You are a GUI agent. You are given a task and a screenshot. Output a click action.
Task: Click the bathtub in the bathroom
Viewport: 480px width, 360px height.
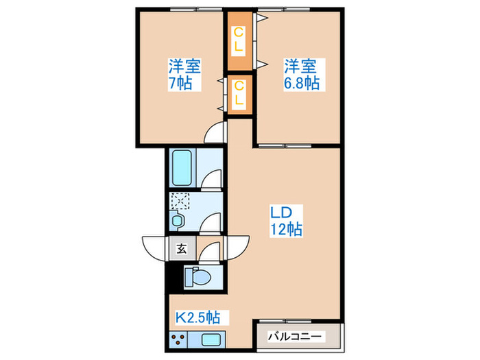(183, 167)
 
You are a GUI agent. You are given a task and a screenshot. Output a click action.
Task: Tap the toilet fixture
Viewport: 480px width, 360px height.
(198, 278)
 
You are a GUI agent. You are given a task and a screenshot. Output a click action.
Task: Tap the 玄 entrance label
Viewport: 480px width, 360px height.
(182, 248)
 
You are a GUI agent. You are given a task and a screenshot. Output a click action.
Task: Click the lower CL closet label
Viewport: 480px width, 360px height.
(239, 93)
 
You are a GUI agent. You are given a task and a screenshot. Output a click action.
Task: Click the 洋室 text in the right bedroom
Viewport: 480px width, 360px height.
(300, 67)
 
